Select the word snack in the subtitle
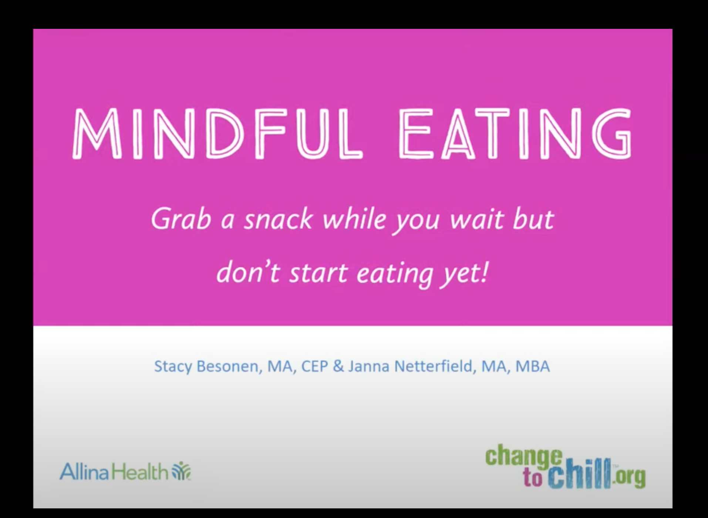[278, 220]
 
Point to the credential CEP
[314, 366]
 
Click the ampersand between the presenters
[338, 366]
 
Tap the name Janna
[368, 366]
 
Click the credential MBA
[532, 366]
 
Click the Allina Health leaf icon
[182, 471]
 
